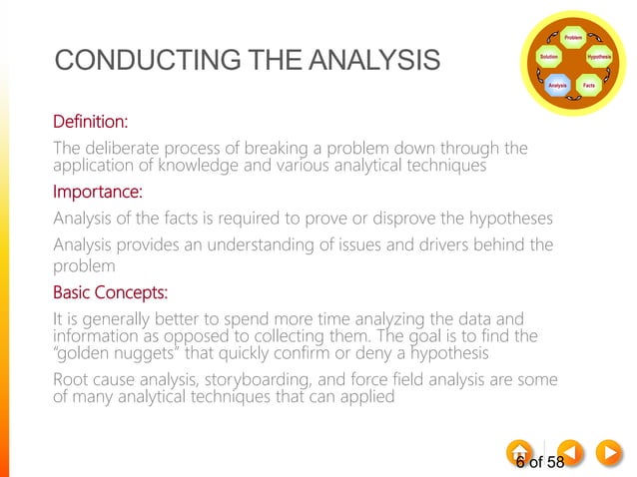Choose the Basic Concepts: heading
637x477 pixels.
point(110,293)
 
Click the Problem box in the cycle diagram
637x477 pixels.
point(573,37)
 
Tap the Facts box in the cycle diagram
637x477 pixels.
point(589,86)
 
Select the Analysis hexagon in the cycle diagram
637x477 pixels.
point(557,86)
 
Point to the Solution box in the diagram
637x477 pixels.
point(548,57)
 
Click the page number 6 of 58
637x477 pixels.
point(540,462)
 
